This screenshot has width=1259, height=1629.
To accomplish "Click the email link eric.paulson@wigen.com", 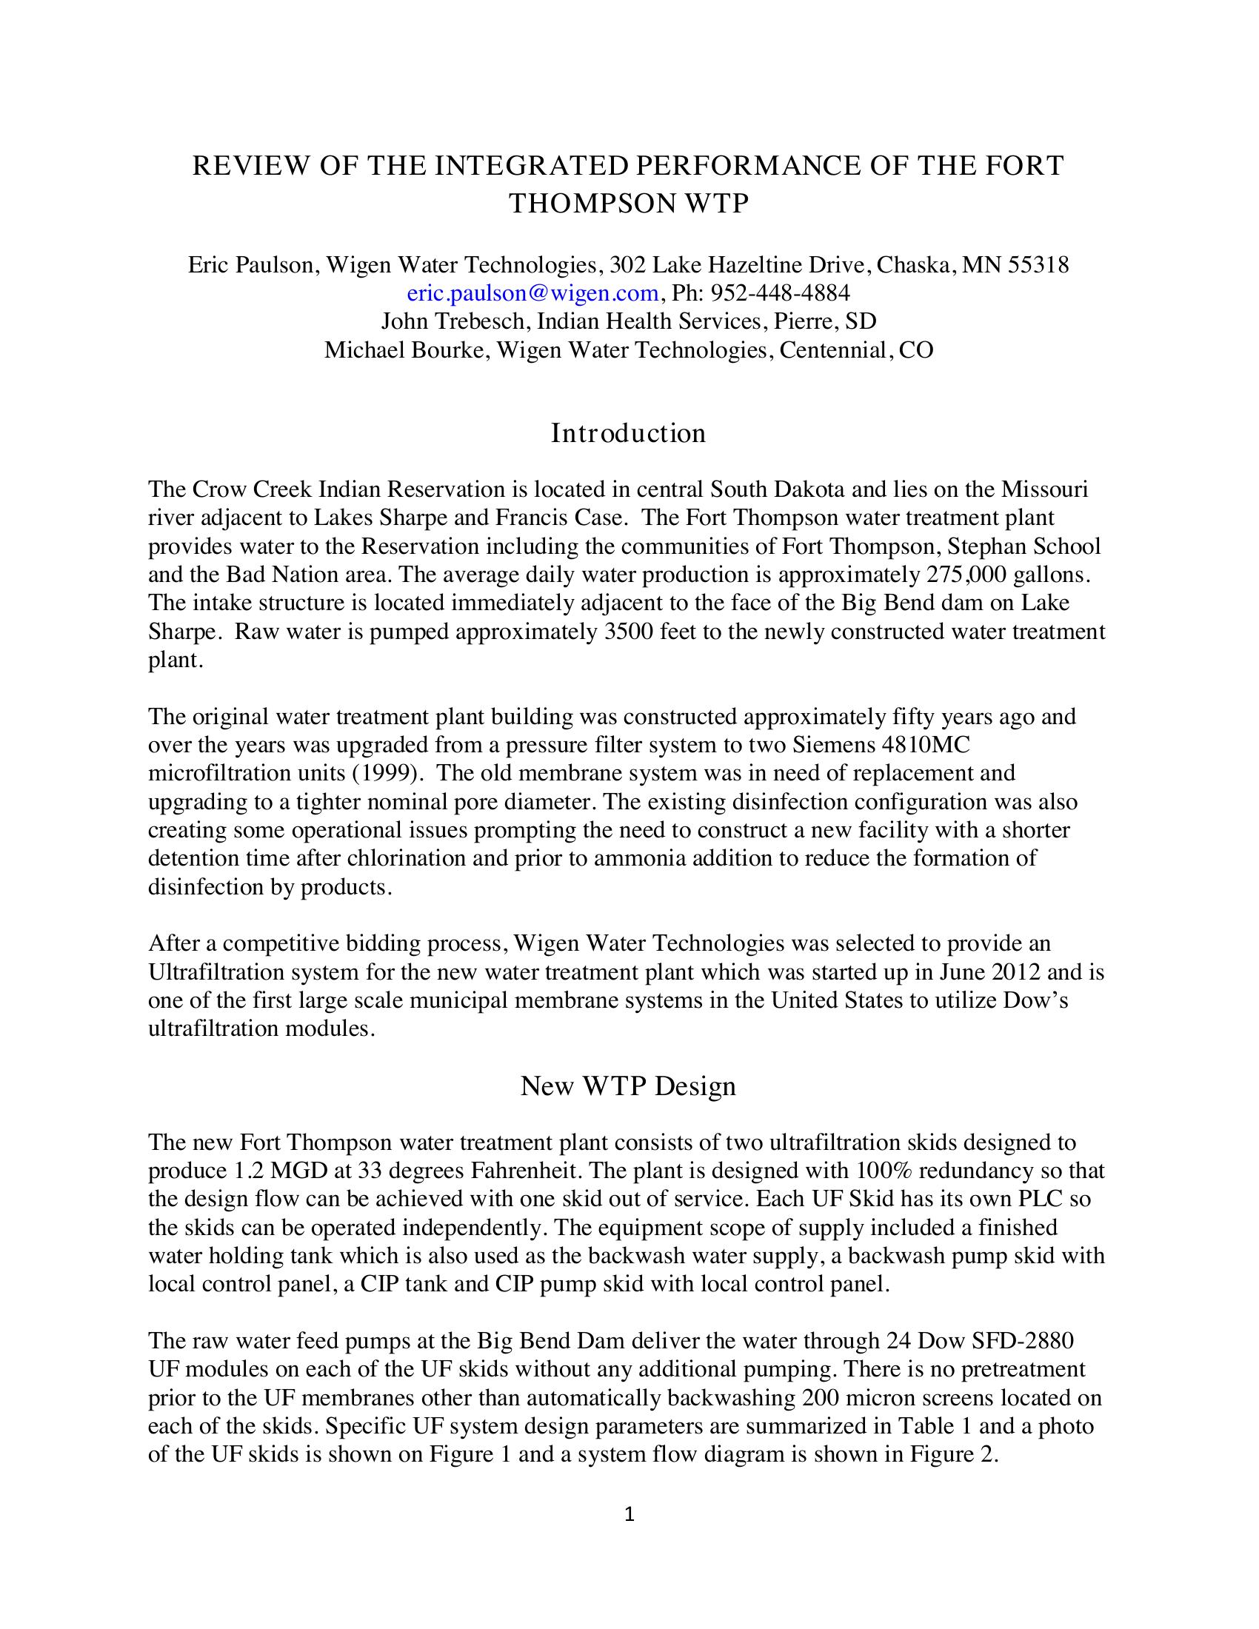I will click(532, 292).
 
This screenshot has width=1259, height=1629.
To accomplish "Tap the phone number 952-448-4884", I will click(780, 292).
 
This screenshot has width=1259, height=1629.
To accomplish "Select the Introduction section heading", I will click(628, 432).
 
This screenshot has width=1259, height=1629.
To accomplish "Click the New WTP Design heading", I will click(628, 1086).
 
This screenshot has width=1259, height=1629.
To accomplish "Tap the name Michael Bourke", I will click(407, 349).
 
